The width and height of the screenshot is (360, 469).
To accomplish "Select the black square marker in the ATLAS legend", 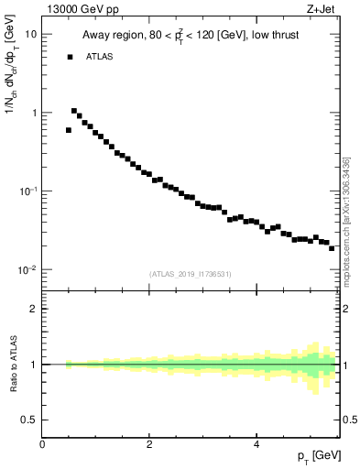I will point(70,57).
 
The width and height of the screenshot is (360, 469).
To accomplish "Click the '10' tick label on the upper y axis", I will point(29,34).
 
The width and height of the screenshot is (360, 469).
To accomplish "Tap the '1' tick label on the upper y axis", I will point(33,113).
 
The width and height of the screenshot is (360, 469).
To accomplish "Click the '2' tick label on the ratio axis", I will point(33,309).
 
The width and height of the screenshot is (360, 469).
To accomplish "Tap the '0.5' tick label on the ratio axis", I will point(28,420).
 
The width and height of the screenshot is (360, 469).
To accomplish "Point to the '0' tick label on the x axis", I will point(43,444).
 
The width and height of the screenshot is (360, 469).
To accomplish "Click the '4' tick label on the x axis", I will point(256,444).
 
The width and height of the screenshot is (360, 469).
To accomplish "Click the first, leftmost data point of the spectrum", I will point(69,130).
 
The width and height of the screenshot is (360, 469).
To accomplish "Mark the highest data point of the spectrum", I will point(74,111).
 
